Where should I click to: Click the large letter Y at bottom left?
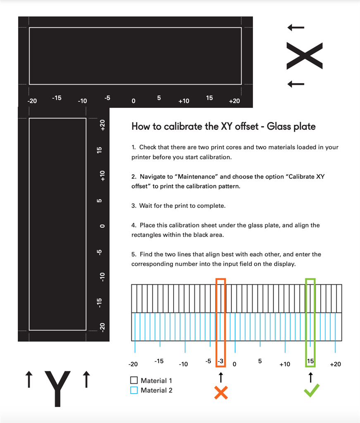[57, 389]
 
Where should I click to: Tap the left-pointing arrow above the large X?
[296, 28]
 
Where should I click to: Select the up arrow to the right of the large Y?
[86, 379]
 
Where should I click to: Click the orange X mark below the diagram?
[221, 392]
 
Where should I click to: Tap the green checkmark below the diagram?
[311, 390]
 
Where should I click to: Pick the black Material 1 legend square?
[134, 380]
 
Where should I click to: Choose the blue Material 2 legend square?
[134, 390]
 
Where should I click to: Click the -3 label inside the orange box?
[221, 361]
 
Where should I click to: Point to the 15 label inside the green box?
[310, 361]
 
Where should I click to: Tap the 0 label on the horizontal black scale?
[133, 101]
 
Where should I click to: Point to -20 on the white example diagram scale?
[133, 364]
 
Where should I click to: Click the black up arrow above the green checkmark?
[310, 377]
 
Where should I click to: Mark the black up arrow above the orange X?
[221, 377]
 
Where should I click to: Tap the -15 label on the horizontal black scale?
[57, 98]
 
